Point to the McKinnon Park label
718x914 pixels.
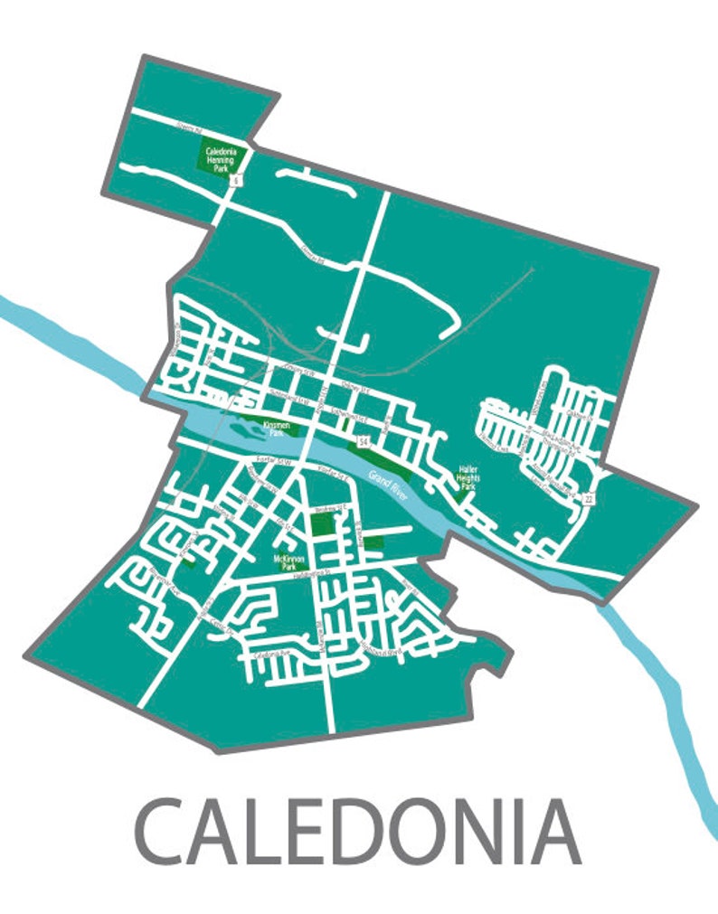point(286,562)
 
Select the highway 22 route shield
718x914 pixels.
point(589,498)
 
